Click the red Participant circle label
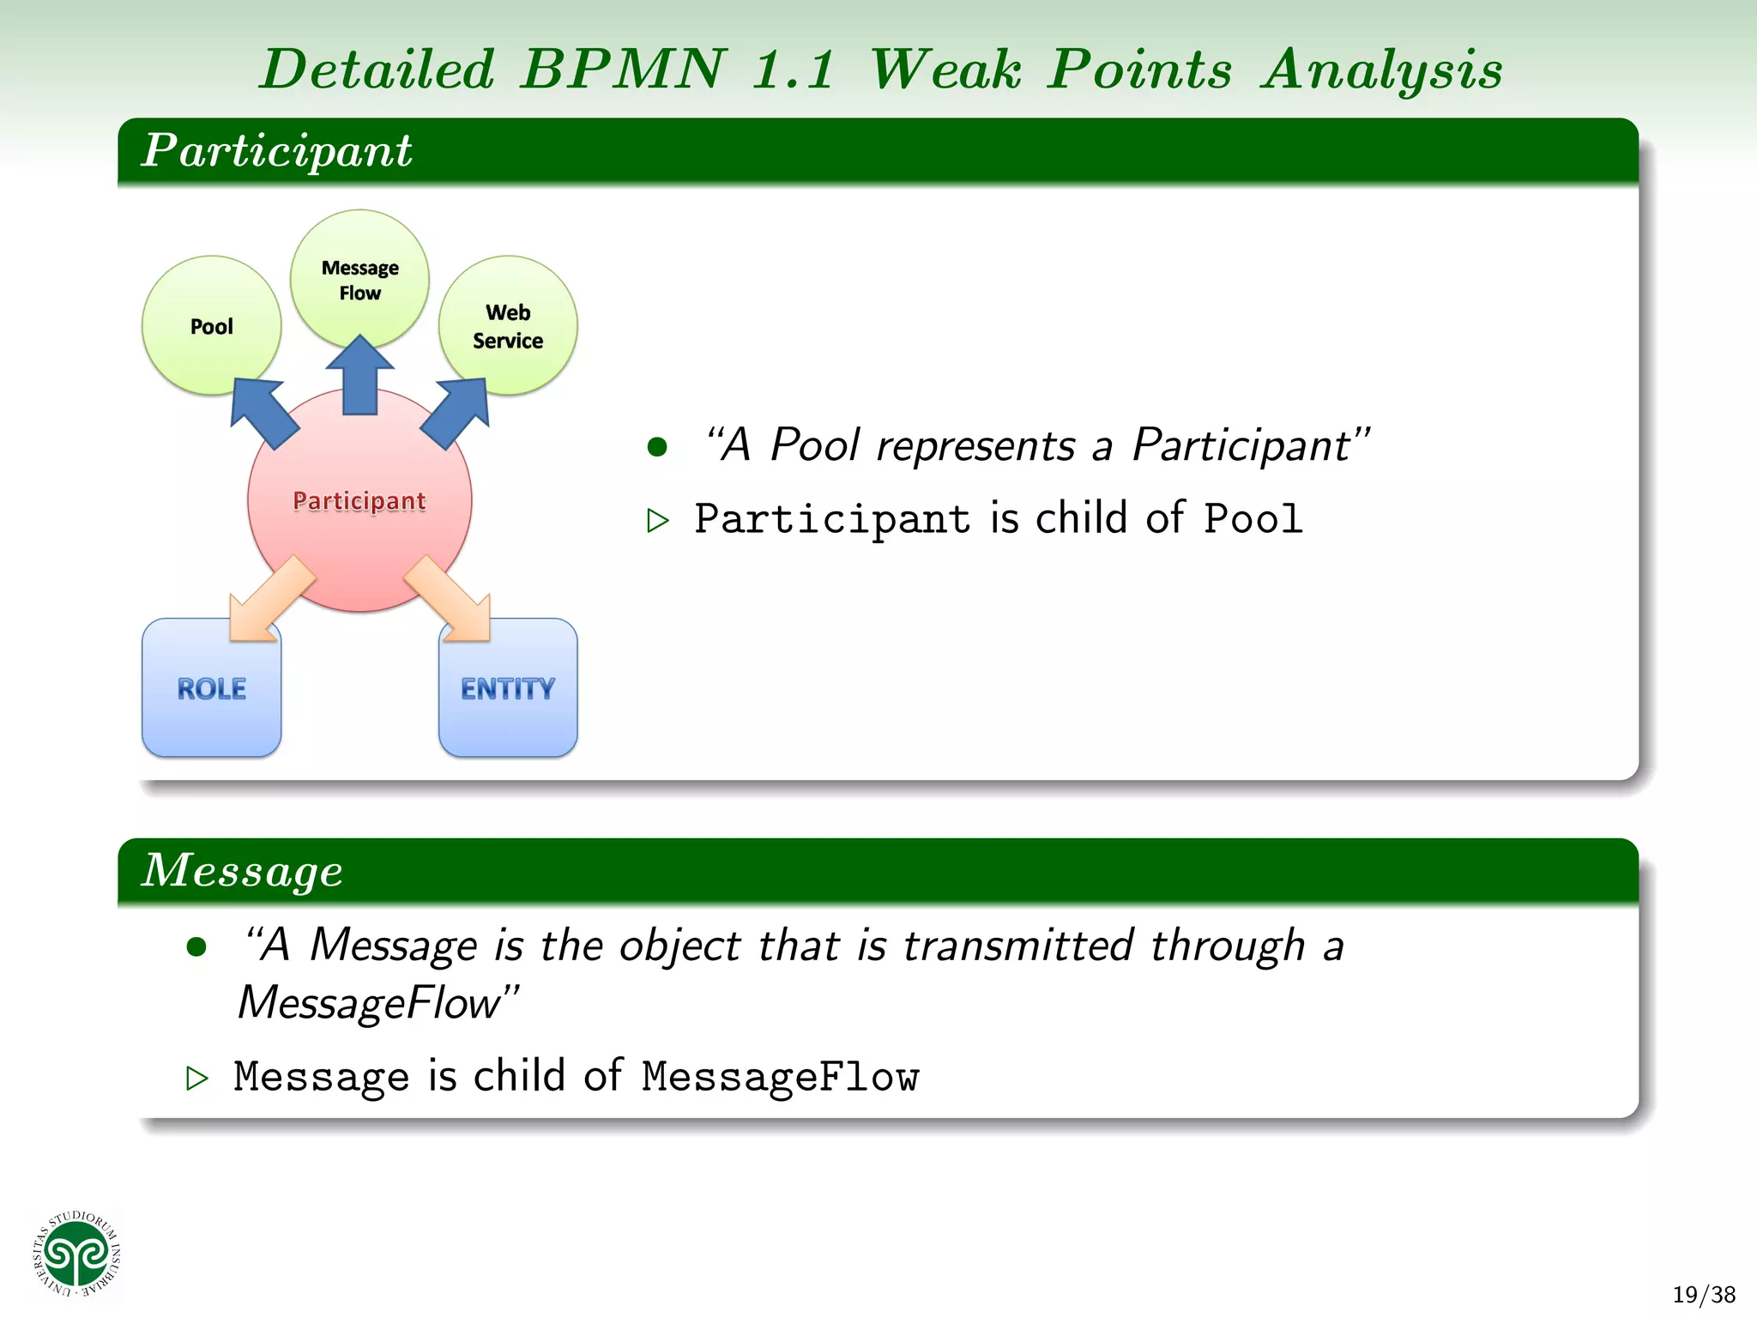click(x=359, y=500)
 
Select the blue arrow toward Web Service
click(x=457, y=411)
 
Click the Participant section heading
click(x=276, y=150)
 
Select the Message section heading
click(x=242, y=870)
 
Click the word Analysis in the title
click(x=1381, y=70)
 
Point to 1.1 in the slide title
click(x=792, y=70)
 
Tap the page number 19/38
click(x=1703, y=1294)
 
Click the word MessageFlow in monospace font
click(x=780, y=1077)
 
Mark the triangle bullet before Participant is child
click(x=658, y=520)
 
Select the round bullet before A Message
click(x=196, y=946)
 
